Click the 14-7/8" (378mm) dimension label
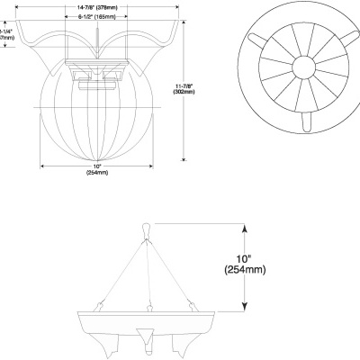[95, 6]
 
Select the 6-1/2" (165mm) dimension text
[95, 17]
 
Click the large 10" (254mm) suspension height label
[238, 262]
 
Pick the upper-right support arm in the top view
[343, 40]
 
